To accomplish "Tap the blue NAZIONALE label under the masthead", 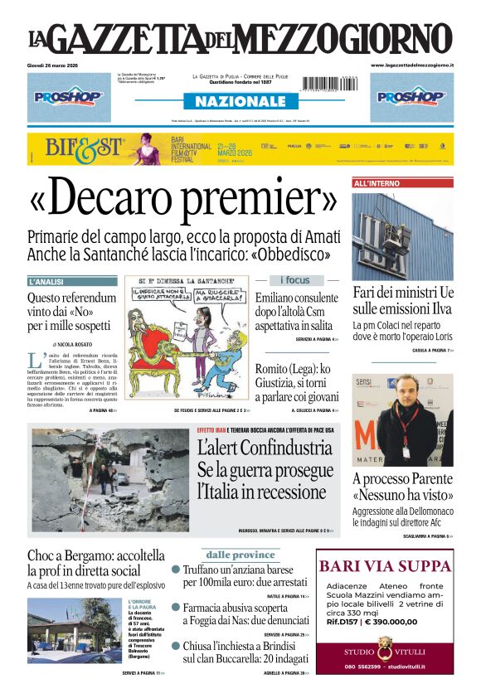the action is [240, 101].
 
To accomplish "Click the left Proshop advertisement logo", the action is [69, 96].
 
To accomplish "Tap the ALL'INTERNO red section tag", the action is [377, 183].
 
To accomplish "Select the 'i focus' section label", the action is [294, 280].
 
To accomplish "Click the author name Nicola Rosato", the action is [75, 344].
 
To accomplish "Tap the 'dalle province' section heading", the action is [240, 555].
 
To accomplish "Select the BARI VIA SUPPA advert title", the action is [385, 567].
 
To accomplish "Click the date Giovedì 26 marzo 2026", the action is [52, 65].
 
